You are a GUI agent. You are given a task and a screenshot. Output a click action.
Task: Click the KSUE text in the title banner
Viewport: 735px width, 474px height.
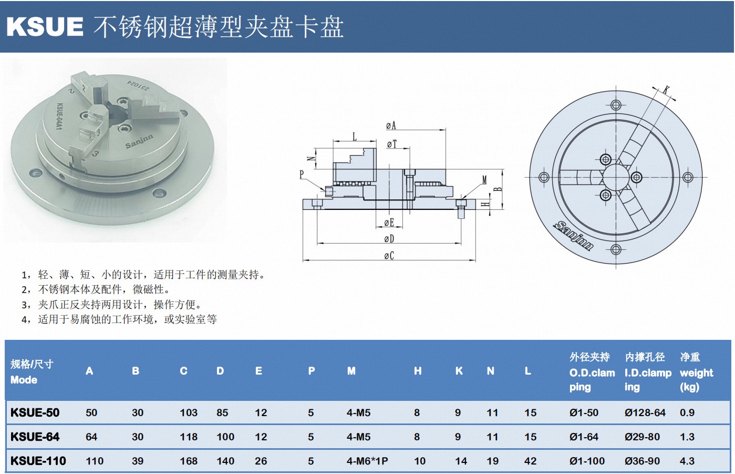45,26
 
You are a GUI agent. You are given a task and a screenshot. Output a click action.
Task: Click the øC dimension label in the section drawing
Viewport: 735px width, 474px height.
389,256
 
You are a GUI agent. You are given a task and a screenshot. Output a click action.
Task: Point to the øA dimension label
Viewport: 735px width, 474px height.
391,125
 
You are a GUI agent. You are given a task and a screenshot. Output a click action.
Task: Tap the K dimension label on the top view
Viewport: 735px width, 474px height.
666,89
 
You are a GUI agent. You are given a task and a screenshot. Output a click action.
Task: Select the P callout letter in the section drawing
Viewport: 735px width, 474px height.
302,174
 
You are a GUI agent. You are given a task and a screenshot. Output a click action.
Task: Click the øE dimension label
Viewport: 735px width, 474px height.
389,223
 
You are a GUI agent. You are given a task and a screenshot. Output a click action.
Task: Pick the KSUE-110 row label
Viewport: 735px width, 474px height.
38,461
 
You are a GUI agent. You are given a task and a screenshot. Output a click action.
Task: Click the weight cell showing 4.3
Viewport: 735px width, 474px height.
687,461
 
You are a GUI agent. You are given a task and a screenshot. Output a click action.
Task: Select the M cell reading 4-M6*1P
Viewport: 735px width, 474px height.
367,461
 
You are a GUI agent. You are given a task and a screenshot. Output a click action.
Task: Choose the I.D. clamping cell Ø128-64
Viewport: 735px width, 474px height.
645,412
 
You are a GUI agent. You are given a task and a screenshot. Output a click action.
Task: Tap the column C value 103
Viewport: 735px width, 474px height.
189,412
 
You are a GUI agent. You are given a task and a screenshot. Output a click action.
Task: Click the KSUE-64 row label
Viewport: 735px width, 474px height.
35,437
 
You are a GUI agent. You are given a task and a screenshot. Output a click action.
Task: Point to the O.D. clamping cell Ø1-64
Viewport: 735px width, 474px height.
583,437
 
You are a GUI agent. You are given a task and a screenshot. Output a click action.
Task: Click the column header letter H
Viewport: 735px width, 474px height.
418,371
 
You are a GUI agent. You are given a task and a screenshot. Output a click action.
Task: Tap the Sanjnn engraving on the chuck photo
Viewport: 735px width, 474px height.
139,141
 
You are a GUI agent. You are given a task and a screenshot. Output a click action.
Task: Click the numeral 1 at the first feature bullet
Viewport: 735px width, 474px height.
24,275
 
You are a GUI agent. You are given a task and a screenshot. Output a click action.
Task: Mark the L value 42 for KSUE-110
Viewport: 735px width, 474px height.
530,461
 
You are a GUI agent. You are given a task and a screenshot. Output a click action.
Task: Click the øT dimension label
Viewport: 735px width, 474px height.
392,144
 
